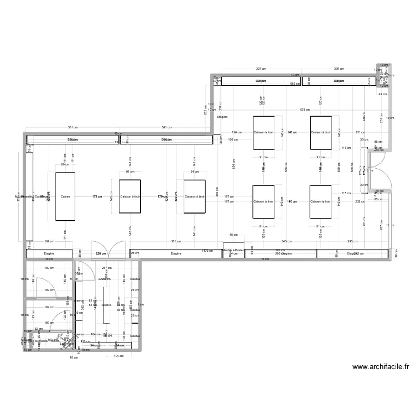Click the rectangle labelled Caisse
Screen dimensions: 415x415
65,196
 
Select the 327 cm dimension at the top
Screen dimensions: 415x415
260,69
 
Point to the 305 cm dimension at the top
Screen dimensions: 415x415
339,69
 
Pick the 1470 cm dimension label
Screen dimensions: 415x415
207,251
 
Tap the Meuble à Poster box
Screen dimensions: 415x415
233,251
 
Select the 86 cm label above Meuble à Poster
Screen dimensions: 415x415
233,235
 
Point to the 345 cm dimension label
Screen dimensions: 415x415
286,242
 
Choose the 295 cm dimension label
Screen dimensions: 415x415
351,242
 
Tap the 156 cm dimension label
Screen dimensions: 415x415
232,139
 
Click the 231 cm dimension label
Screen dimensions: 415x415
361,132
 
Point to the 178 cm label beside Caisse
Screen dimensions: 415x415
97,196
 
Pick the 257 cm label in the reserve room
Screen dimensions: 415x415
107,268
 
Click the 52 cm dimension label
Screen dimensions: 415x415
38,329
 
